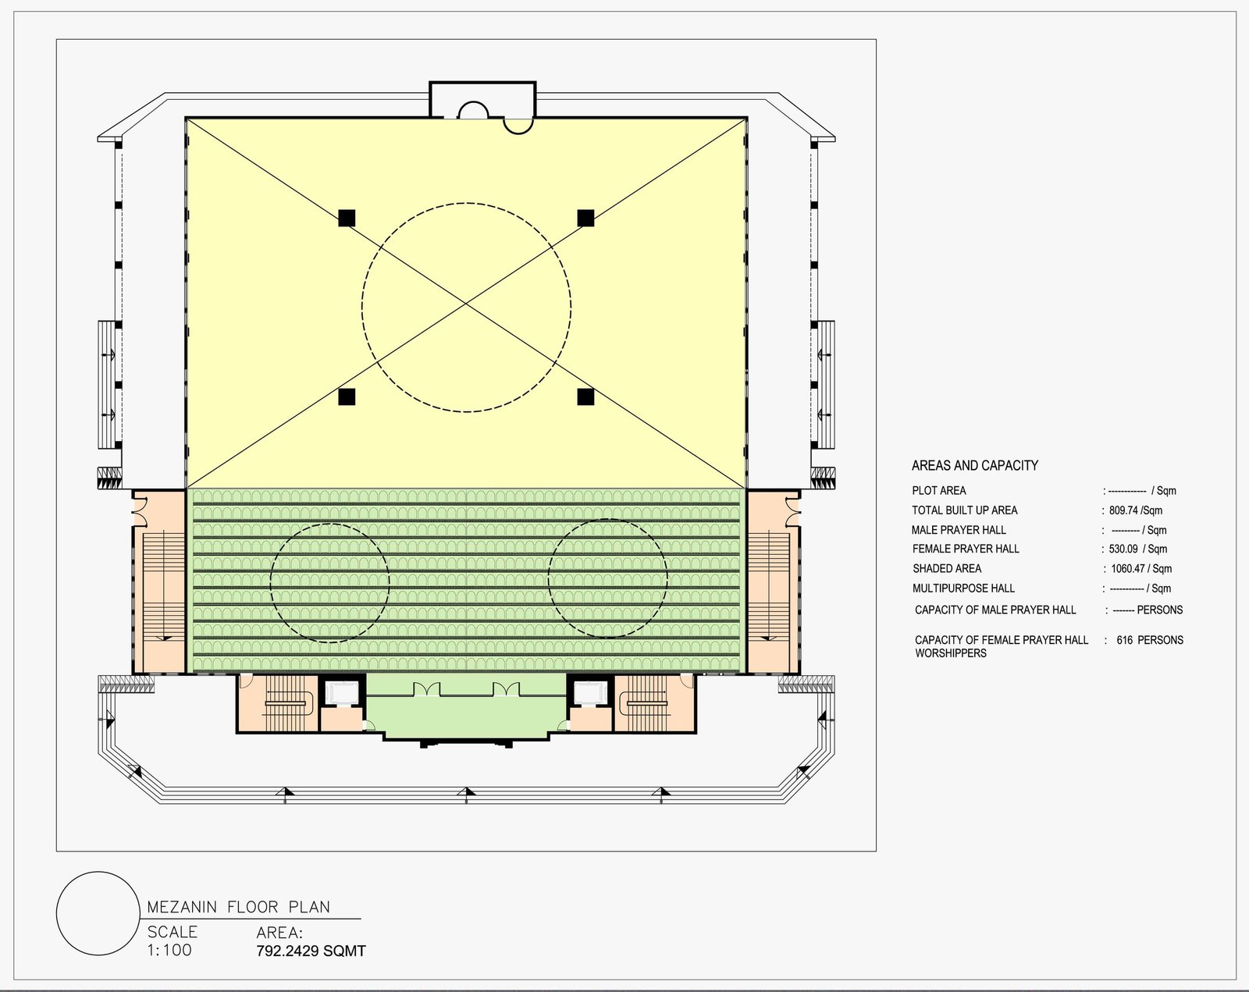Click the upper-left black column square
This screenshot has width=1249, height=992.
click(x=347, y=218)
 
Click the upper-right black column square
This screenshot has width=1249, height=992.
click(x=585, y=218)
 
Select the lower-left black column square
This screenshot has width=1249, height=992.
click(x=347, y=396)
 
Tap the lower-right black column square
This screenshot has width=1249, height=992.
click(x=585, y=396)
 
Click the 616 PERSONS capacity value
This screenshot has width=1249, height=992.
click(x=1150, y=640)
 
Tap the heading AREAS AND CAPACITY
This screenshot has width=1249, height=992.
click(x=974, y=465)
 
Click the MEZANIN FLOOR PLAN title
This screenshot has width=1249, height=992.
click(x=239, y=907)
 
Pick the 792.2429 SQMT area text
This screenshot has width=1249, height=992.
click(x=311, y=951)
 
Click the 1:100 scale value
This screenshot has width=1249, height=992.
click(x=169, y=950)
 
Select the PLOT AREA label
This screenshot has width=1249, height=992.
click(x=938, y=490)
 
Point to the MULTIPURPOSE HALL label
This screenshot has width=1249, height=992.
click(x=963, y=588)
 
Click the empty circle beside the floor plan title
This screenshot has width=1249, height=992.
click(x=98, y=914)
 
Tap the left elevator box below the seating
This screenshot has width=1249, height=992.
click(x=343, y=693)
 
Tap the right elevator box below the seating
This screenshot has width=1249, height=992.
click(x=590, y=693)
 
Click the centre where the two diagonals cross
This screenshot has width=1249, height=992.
click(x=466, y=303)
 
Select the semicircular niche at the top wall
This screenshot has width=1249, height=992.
click(x=474, y=110)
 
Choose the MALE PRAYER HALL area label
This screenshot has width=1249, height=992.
click(x=959, y=530)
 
